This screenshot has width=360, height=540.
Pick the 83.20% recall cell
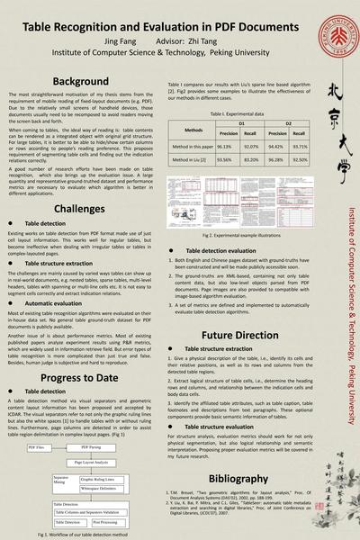pos(253,157)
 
